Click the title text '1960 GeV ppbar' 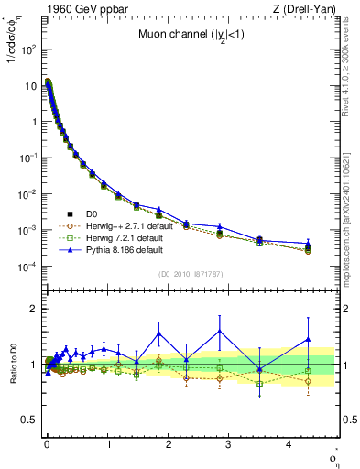click(69, 9)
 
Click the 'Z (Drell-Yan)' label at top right click(309, 9)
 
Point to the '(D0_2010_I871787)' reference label click(191, 274)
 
